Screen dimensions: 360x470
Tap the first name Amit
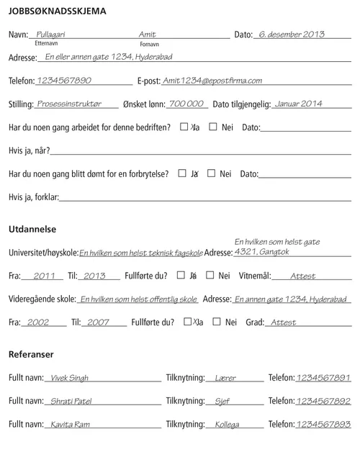147,34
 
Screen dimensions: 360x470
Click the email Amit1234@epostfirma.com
212,81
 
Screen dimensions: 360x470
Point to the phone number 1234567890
64,81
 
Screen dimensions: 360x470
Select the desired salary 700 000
186,104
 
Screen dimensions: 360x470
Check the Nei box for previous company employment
213,127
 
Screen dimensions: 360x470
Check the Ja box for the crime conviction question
182,173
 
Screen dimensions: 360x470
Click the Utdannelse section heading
32,229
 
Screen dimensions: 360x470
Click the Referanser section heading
31,354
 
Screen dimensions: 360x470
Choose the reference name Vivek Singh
70,378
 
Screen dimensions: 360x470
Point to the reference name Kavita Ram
70,425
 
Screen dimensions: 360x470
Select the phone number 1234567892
323,402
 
